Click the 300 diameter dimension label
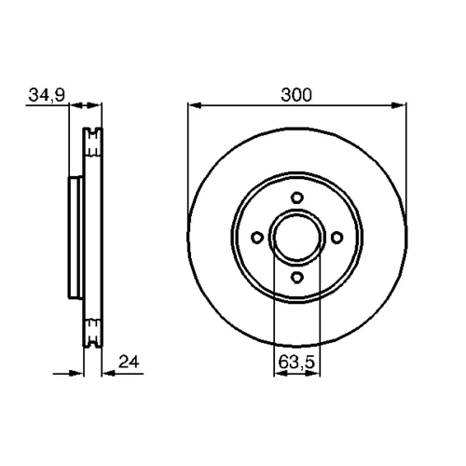(x=295, y=95)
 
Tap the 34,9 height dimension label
(x=47, y=95)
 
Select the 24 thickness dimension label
(x=129, y=362)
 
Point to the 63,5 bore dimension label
(x=296, y=363)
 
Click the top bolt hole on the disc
(x=297, y=198)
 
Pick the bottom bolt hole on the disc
(x=297, y=277)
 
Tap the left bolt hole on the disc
(x=257, y=238)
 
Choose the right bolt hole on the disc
(x=336, y=238)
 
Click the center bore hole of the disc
(x=297, y=237)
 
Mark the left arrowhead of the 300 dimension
(x=195, y=105)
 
